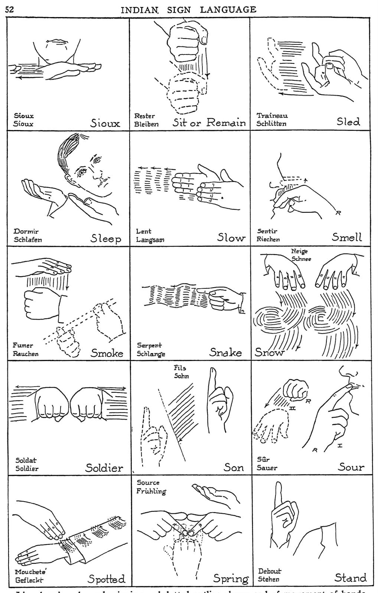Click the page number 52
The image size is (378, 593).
click(10, 10)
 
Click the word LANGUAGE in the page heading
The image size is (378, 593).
click(228, 10)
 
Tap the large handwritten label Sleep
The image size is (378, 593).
click(106, 238)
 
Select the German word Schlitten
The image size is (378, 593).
click(271, 124)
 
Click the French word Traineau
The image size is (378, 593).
click(272, 115)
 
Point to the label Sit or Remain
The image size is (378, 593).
click(209, 123)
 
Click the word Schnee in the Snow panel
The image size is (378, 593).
click(301, 259)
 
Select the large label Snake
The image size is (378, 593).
click(225, 352)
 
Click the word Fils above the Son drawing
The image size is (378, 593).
click(180, 368)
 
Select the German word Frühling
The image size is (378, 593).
click(151, 491)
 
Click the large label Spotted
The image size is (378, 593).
click(106, 579)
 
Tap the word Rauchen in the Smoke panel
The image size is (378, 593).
click(26, 354)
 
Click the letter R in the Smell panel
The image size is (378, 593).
click(338, 213)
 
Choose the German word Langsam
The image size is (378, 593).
click(150, 240)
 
